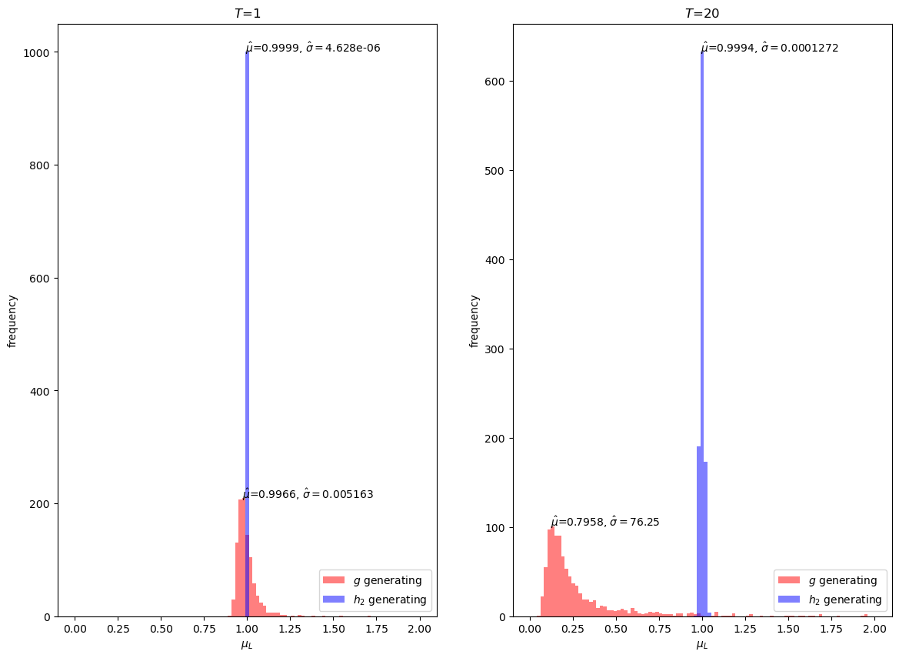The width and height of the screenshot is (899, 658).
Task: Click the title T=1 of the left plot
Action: pos(248,13)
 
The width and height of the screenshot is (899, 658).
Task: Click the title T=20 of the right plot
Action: pos(702,13)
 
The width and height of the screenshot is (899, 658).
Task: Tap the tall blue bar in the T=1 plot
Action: pos(247,334)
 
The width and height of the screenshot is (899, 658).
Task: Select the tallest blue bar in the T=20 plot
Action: pos(702,334)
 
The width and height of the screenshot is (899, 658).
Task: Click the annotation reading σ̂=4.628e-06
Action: pos(343,48)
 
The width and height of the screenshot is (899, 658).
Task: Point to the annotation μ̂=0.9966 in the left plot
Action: pos(269,494)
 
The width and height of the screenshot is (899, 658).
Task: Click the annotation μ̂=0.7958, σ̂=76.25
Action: pos(605,522)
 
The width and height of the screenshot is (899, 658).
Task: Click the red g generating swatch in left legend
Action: pos(334,580)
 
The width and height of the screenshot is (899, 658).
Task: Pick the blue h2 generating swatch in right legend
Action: pos(789,600)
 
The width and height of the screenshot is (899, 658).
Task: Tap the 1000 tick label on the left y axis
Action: pos(35,52)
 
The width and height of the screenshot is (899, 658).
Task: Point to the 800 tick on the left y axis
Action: pos(39,165)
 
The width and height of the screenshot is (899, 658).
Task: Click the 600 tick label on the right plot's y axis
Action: pos(494,82)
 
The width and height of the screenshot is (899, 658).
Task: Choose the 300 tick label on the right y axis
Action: pos(494,349)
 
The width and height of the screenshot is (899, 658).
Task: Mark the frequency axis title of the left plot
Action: pos(12,321)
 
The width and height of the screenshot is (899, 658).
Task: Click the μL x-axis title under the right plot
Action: pos(702,645)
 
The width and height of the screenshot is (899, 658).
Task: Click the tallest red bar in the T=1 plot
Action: pos(241,558)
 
